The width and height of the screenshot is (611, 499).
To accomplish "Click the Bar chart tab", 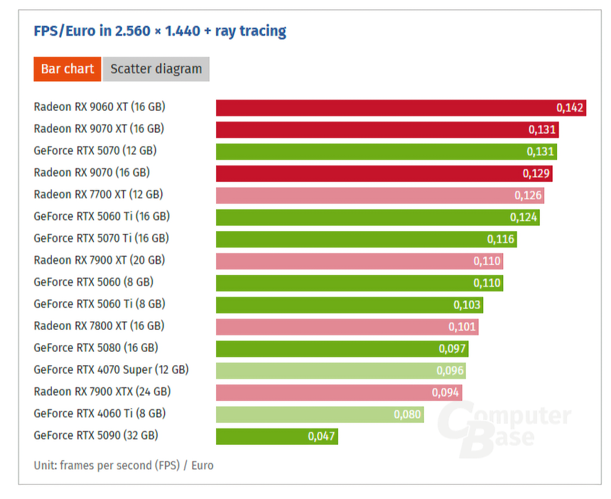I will [67, 69].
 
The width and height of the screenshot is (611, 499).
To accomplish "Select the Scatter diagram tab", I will [156, 69].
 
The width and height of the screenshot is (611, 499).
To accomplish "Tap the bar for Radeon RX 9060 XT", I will [384, 107].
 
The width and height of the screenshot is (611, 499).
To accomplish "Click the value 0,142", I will [570, 108].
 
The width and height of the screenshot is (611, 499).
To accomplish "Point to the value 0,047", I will [322, 436].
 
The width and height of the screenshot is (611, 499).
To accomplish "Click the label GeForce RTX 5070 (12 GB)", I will [95, 151].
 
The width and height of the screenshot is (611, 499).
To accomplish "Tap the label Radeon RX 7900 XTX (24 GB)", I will [102, 392].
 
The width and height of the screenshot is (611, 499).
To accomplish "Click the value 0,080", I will [408, 414].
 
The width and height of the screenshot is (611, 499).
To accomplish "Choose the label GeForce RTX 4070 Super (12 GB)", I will [111, 370].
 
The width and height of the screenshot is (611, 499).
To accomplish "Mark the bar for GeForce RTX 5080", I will [327, 348].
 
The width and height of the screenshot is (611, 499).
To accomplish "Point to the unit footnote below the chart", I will [124, 466].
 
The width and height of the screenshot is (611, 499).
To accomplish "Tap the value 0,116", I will [501, 239].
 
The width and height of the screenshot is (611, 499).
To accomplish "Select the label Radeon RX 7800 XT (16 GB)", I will [99, 326].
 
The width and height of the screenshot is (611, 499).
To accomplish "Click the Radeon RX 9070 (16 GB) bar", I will [369, 173].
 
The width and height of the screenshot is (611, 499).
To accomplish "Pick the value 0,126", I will [529, 195].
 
